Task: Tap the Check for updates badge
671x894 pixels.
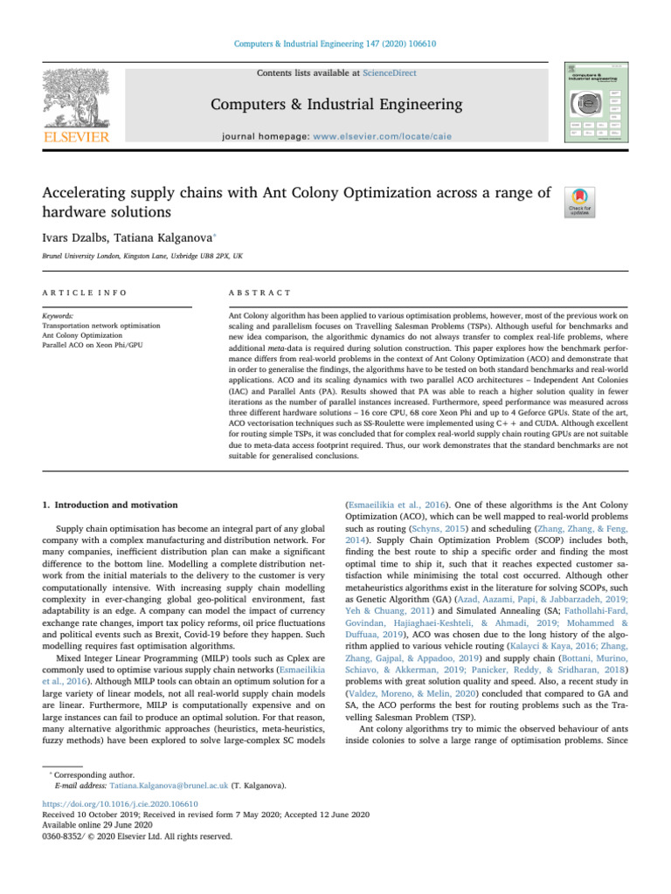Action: coord(580,203)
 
